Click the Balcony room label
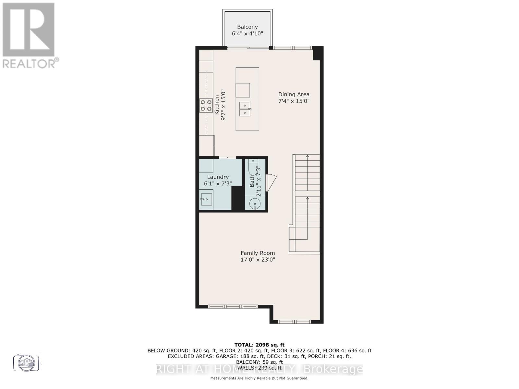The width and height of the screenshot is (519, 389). (247, 27)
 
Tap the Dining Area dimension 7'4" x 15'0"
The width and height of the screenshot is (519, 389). (294, 101)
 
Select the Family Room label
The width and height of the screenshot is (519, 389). (258, 253)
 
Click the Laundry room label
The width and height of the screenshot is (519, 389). (218, 177)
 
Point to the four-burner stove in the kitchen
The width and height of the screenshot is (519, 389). (205, 105)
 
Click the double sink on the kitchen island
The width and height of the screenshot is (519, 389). (245, 109)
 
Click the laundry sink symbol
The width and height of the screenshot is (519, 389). (206, 199)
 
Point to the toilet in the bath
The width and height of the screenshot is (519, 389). (253, 169)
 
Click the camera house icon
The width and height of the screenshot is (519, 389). (26, 362)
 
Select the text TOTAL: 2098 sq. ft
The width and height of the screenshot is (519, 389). (259, 345)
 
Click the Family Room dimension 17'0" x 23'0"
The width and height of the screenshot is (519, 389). (258, 260)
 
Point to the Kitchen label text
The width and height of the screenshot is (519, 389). (217, 104)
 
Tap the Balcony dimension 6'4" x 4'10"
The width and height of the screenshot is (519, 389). (247, 33)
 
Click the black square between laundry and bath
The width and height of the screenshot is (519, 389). (237, 198)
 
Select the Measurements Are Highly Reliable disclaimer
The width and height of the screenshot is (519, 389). (259, 378)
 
